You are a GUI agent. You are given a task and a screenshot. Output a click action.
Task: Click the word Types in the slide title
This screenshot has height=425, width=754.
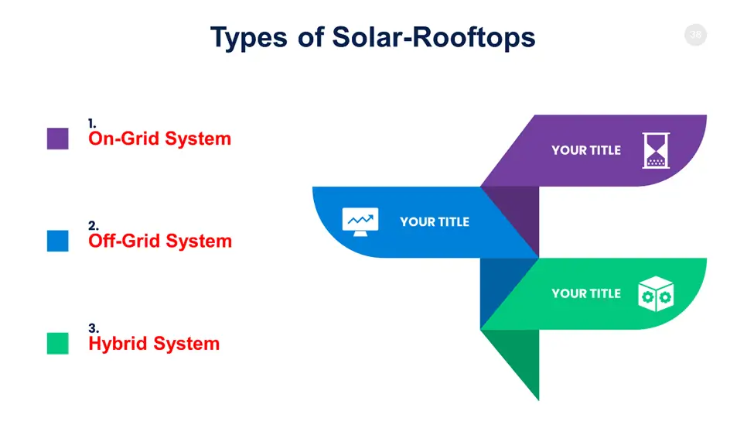click(x=248, y=38)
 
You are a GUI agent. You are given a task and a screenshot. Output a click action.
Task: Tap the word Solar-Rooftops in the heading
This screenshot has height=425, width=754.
click(x=434, y=37)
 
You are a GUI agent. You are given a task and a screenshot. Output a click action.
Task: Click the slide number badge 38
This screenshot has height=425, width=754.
click(x=695, y=35)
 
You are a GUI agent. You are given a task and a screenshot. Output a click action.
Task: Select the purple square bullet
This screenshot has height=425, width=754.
click(x=58, y=139)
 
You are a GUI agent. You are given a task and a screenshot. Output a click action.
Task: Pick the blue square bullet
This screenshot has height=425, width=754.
click(x=58, y=241)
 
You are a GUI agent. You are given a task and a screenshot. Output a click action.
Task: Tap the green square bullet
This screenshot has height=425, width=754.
click(x=58, y=343)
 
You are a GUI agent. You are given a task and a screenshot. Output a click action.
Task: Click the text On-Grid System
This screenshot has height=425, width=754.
click(x=159, y=139)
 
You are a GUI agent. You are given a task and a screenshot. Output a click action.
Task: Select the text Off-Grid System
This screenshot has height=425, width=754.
click(x=160, y=241)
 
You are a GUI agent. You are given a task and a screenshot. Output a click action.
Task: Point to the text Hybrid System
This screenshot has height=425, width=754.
click(x=154, y=344)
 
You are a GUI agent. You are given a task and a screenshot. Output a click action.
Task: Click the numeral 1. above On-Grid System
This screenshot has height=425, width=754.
click(x=92, y=124)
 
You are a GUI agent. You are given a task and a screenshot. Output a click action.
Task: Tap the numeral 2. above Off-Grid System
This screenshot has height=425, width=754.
click(x=94, y=226)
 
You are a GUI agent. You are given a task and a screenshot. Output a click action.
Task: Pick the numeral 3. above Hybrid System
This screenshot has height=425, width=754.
click(x=94, y=328)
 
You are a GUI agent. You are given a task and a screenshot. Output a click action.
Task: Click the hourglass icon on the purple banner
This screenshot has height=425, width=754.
click(x=656, y=150)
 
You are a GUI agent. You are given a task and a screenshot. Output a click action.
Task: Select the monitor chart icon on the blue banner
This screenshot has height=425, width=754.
click(x=360, y=222)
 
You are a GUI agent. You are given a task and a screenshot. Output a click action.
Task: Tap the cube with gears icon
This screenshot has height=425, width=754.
click(x=656, y=293)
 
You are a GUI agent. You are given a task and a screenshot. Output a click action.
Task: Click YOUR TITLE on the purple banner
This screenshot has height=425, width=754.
click(x=586, y=150)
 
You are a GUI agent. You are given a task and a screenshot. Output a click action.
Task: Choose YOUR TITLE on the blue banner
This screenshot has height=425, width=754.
click(x=435, y=222)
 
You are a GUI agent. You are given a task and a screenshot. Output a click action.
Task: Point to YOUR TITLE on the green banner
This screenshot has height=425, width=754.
click(x=586, y=293)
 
